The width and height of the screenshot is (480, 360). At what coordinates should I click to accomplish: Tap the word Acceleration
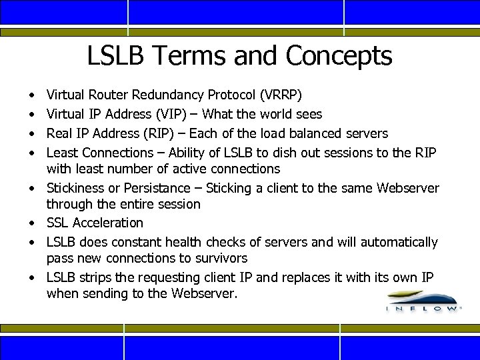tap(108, 223)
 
